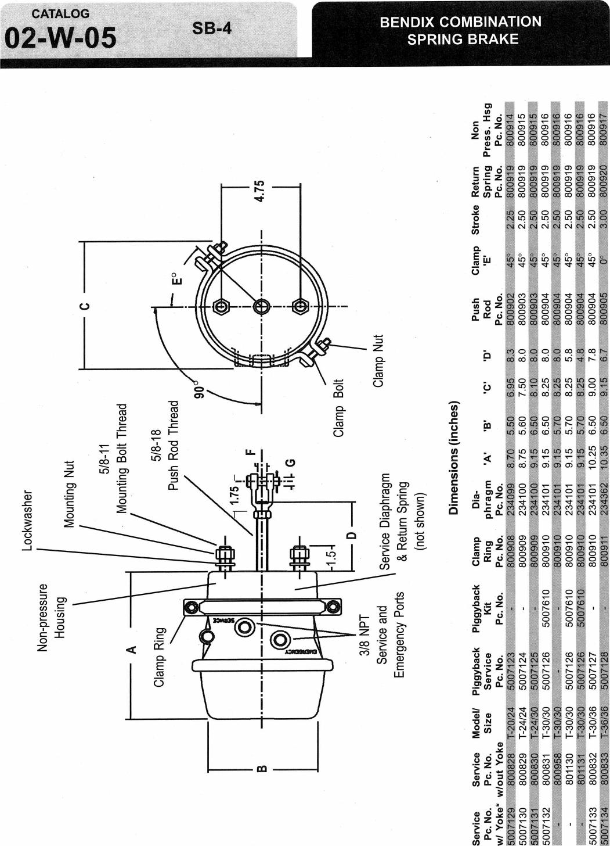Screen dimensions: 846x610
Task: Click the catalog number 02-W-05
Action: tap(60, 38)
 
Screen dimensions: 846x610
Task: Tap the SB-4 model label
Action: tap(212, 28)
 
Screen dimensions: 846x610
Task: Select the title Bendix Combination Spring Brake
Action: tap(460, 31)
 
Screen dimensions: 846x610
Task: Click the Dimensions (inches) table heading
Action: tap(454, 458)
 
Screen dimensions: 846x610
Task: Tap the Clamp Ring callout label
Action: tap(160, 657)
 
